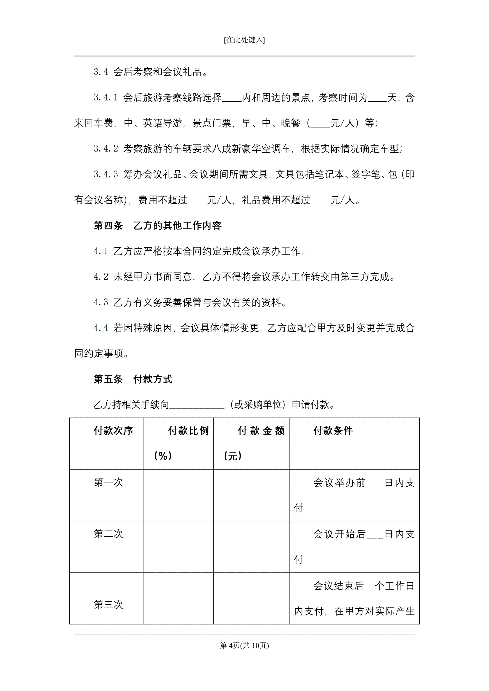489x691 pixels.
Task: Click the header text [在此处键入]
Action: click(244, 40)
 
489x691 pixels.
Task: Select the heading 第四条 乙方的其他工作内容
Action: click(158, 225)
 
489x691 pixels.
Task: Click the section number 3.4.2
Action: click(106, 148)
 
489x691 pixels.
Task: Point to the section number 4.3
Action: click(101, 302)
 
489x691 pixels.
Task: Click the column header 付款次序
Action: click(113, 431)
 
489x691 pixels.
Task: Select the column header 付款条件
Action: click(333, 431)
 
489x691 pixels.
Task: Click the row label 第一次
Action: click(108, 482)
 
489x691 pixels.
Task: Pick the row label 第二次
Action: click(108, 534)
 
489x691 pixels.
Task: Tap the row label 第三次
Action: click(108, 604)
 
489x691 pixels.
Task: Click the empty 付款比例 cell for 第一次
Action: click(178, 495)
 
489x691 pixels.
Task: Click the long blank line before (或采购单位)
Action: click(197, 405)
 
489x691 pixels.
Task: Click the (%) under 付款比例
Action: click(163, 456)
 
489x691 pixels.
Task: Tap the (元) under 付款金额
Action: click(233, 456)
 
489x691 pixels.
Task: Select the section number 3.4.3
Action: click(106, 174)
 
